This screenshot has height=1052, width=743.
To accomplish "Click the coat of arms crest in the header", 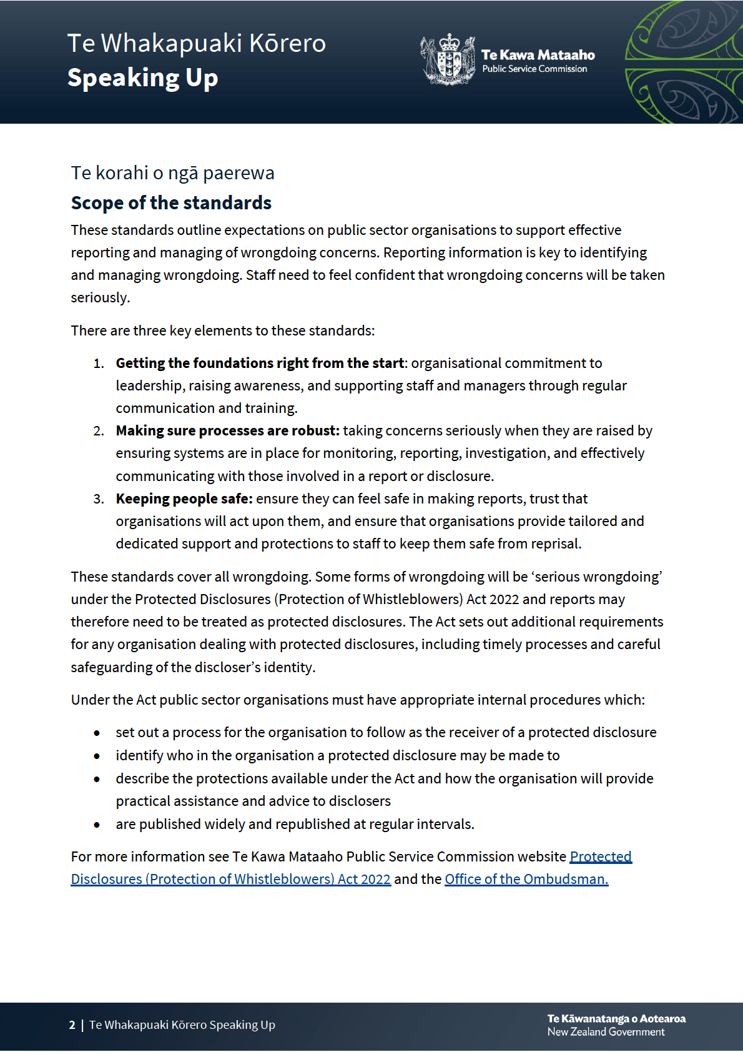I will point(447,60).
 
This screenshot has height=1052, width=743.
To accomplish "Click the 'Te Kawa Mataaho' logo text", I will point(538,55).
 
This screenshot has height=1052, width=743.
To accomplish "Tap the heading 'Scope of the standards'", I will point(171,203).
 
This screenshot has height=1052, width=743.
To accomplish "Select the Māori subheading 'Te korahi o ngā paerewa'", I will point(172,173).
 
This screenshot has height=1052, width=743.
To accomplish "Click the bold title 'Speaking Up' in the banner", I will point(142,78).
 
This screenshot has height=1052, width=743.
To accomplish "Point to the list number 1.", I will point(98,364).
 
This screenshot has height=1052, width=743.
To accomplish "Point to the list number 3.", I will point(98,499).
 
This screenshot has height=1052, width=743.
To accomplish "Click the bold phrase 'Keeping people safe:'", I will point(184,499).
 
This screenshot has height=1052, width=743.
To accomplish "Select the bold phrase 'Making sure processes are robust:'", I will point(227,431).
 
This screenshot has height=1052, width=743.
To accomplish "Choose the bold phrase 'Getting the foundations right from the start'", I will point(260,364).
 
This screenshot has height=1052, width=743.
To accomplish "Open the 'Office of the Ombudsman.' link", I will point(526,880).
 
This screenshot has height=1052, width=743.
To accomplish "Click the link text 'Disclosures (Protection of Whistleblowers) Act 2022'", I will point(230,880).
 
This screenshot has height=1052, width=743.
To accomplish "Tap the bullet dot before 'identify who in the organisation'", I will point(97,757).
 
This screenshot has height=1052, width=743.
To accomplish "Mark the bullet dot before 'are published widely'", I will point(97,825).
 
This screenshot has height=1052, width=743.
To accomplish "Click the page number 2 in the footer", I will point(72,1025).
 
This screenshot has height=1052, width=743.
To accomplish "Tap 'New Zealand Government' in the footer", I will point(606,1032).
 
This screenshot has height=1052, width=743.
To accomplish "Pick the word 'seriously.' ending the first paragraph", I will point(100,298).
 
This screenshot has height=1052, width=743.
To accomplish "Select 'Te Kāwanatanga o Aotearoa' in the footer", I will point(616,1019).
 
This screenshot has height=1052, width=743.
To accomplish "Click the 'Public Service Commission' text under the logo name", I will point(534,69).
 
